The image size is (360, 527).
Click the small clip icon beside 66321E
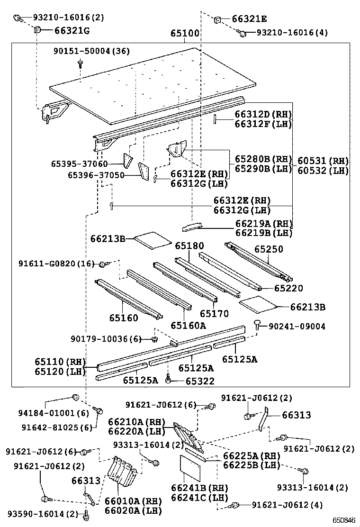coord(218,19)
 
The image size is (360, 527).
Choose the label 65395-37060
coord(79,164)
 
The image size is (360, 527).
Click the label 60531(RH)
coord(323,161)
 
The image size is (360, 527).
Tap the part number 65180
coord(189,245)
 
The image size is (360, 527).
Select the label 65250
coord(268,249)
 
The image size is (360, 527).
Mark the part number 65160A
coord(189,325)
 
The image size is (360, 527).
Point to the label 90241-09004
coord(297,327)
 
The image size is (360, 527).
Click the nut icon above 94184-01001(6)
coord(74,397)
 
